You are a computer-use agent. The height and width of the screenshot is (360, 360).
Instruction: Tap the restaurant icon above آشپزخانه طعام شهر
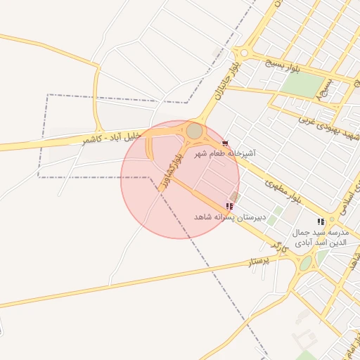pos(225,143)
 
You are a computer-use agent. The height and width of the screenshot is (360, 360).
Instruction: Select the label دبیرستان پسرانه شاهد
pos(231,217)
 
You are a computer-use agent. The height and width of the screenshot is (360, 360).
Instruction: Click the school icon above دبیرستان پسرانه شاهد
pos(229,206)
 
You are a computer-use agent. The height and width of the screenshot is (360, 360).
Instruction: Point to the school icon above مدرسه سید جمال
pos(321,221)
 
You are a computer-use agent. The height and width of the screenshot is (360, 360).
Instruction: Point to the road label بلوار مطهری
pos(283,191)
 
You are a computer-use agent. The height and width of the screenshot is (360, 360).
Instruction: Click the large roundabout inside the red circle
pos(194,131)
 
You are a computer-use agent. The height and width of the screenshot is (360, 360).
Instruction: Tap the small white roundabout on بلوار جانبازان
pos(244,52)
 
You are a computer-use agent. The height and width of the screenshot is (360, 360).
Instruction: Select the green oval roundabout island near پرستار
pos(305,264)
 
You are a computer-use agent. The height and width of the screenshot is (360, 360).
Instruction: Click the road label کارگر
pos(279,245)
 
